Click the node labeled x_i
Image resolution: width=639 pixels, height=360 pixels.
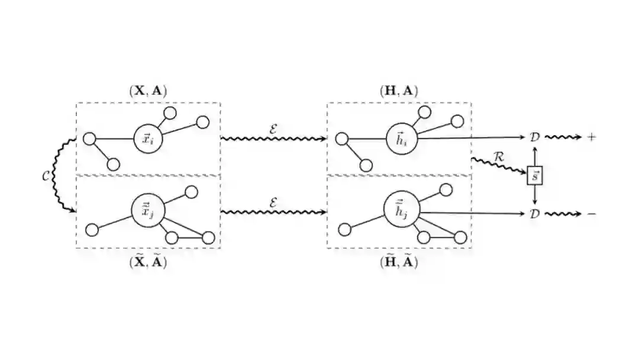147,139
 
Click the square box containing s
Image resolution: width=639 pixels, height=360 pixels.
535,176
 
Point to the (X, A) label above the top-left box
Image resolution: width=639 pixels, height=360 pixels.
148,91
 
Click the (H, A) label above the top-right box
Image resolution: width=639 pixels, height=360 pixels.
399,91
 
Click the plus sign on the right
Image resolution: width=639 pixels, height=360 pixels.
592,137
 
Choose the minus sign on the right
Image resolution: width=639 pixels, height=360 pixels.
592,213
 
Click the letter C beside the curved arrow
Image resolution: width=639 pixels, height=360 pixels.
46,176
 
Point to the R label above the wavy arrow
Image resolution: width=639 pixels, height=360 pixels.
499,157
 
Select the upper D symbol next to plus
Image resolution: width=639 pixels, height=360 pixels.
535,137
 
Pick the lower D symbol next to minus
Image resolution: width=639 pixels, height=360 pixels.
535,213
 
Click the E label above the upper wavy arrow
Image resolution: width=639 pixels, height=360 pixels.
273,127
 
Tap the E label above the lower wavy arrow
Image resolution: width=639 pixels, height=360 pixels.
273,202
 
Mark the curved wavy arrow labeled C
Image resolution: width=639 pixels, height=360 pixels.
58,176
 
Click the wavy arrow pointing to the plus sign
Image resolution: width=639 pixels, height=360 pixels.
564,137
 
